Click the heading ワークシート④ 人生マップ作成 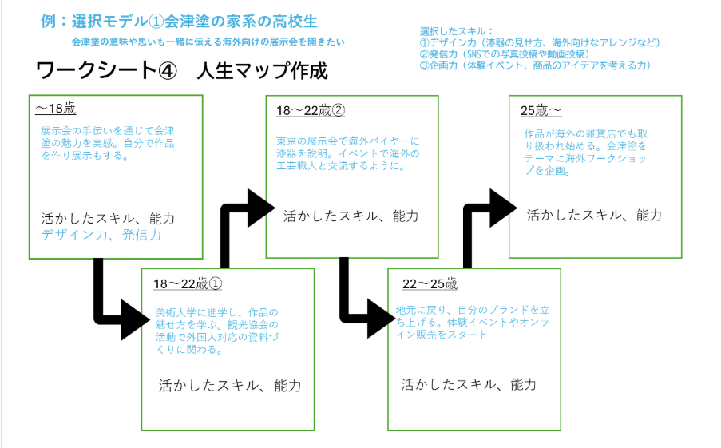[x=182, y=70]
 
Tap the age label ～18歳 [x=55, y=108]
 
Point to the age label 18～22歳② [x=310, y=110]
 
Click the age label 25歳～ [x=542, y=110]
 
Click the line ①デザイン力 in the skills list [x=539, y=42]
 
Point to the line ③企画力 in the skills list [x=535, y=65]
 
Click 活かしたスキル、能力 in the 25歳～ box [x=593, y=215]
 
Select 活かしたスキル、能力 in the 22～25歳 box [x=468, y=384]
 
